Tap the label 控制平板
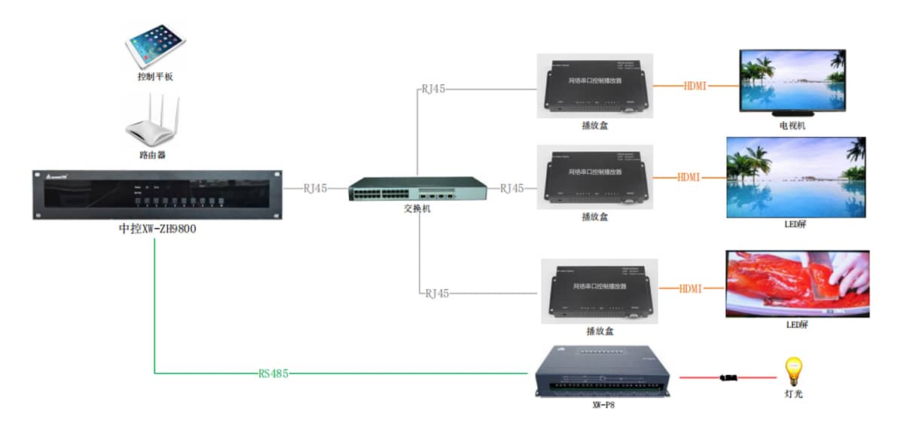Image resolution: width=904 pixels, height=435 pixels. tap(156, 77)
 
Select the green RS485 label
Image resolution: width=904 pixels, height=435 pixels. tap(273, 373)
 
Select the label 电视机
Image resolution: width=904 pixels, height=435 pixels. tap(793, 126)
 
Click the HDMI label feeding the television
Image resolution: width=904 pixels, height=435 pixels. tap(695, 86)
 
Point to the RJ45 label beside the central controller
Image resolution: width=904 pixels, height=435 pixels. tap(315, 188)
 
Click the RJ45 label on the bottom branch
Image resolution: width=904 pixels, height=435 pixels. tap(437, 294)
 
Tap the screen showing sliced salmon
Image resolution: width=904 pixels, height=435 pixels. tap(797, 284)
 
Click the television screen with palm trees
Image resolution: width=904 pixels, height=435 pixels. tap(793, 80)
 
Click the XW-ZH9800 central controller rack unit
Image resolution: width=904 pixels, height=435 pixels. tap(156, 194)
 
